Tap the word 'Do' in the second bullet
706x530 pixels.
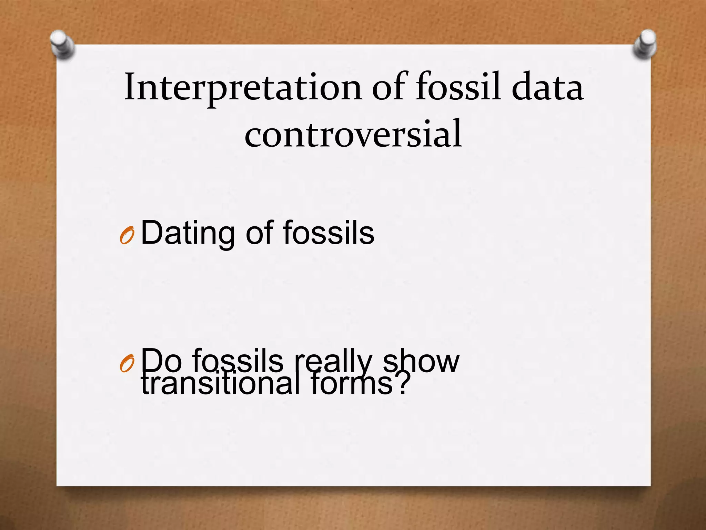pyautogui.click(x=161, y=360)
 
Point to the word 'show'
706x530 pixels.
pyautogui.click(x=421, y=360)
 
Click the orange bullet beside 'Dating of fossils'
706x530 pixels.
pyautogui.click(x=127, y=236)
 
